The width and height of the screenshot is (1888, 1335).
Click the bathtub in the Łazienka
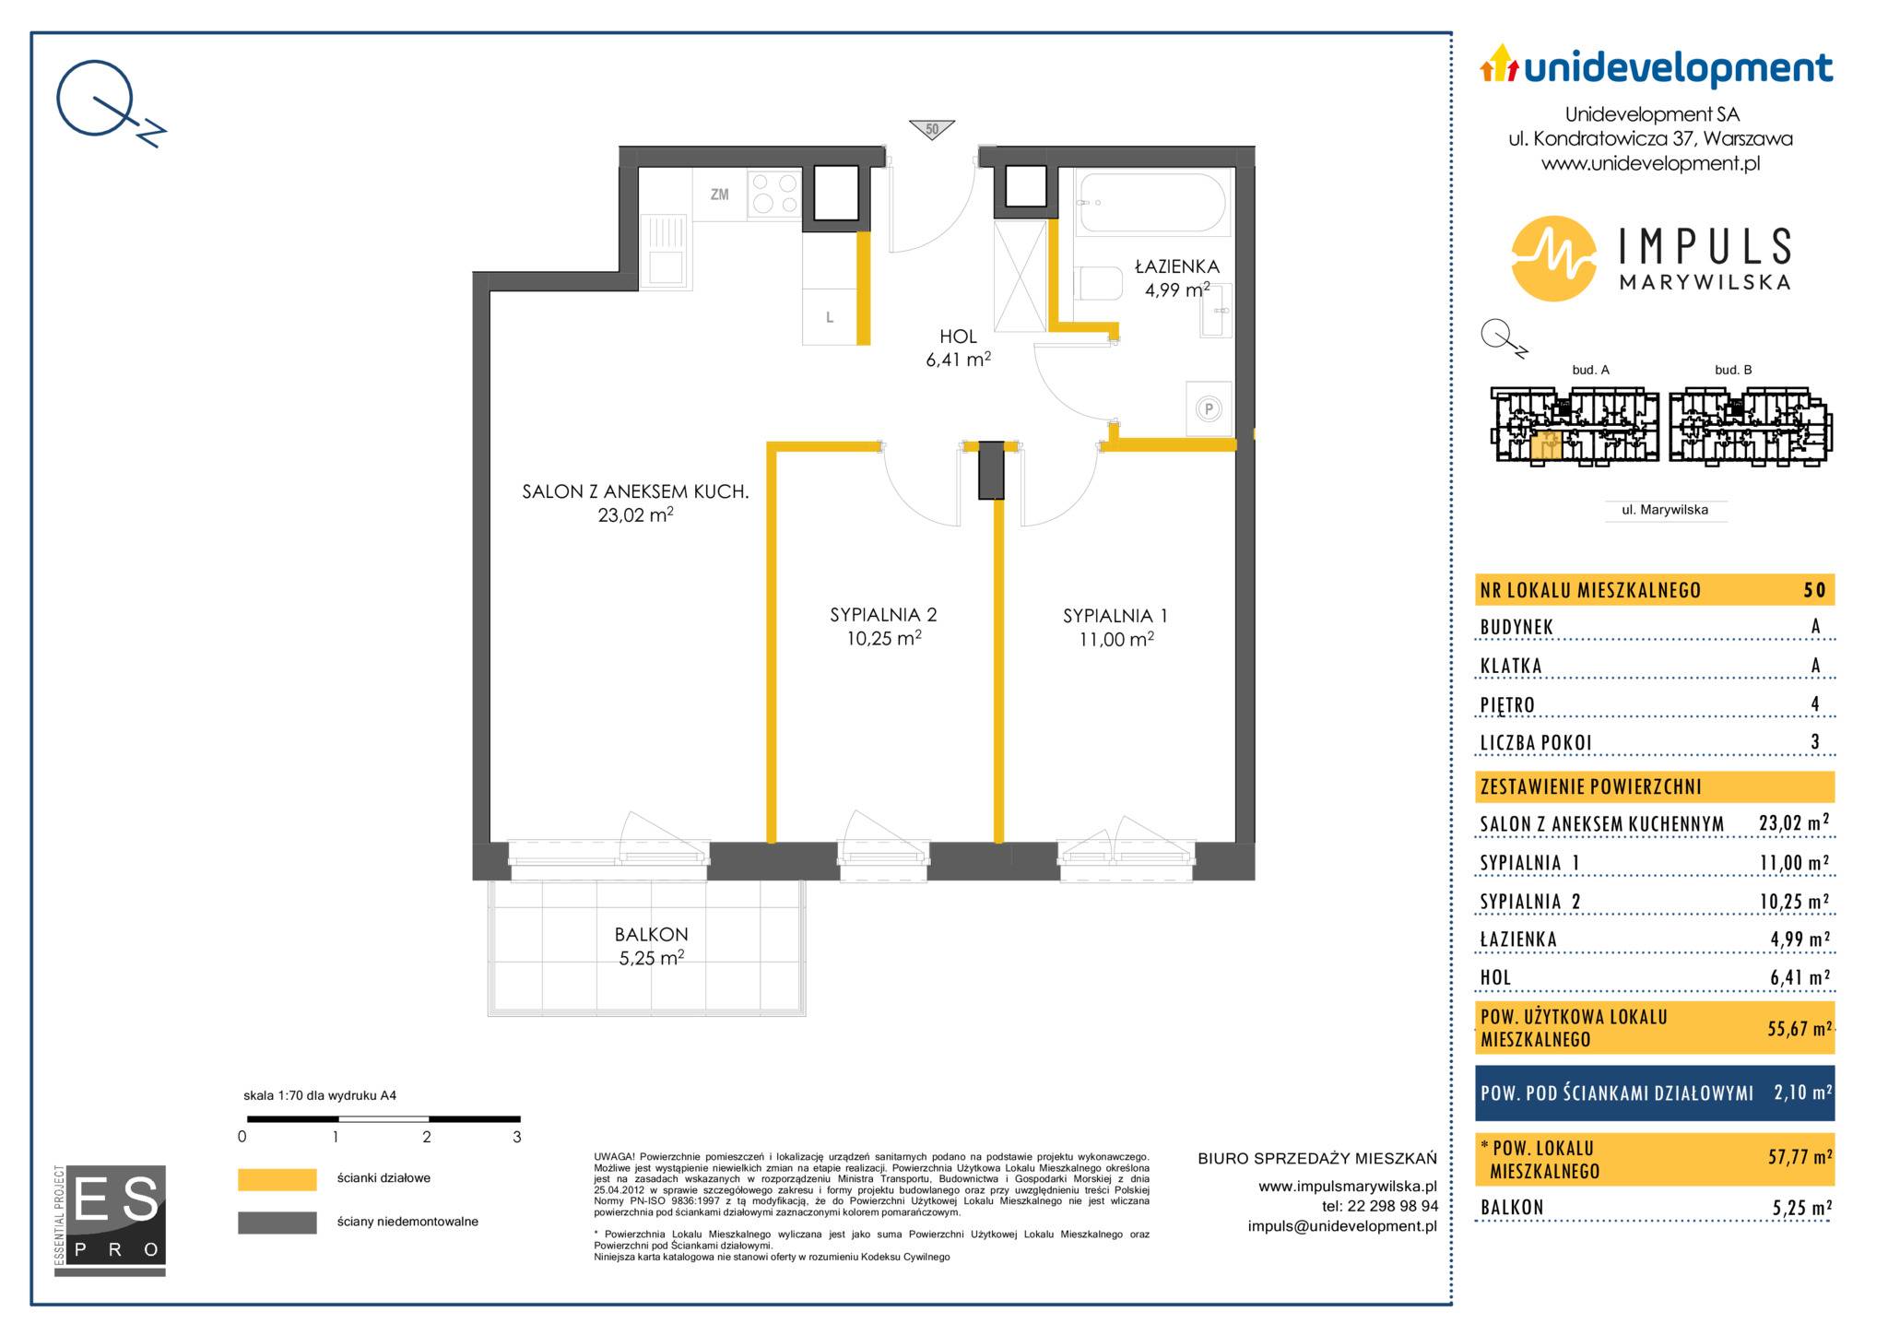[x=1152, y=202]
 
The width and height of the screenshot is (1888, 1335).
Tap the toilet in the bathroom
[x=1096, y=283]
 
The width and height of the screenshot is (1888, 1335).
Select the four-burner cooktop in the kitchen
[x=774, y=195]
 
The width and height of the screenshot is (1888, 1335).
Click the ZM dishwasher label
[x=719, y=195]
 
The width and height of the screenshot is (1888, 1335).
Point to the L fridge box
[x=830, y=317]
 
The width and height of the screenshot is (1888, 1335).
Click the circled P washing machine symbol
[x=1208, y=408]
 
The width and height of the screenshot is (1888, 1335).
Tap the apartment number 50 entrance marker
[x=931, y=129]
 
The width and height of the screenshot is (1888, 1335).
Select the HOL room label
[x=958, y=337]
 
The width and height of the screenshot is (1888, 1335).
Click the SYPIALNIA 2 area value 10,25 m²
[x=884, y=638]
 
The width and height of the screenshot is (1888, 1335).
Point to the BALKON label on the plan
[x=651, y=934]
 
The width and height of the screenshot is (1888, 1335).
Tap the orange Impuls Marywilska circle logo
[x=1553, y=258]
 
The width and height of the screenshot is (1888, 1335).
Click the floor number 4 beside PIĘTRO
[x=1815, y=704]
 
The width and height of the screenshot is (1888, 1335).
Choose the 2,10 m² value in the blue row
[x=1802, y=1093]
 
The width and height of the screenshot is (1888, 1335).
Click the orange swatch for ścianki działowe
[x=277, y=1179]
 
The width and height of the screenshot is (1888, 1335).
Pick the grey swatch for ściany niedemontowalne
[x=277, y=1223]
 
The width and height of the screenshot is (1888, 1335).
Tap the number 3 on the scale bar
[x=516, y=1137]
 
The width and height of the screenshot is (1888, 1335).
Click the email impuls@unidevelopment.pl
[x=1342, y=1226]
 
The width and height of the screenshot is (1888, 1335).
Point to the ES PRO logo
[x=110, y=1221]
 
